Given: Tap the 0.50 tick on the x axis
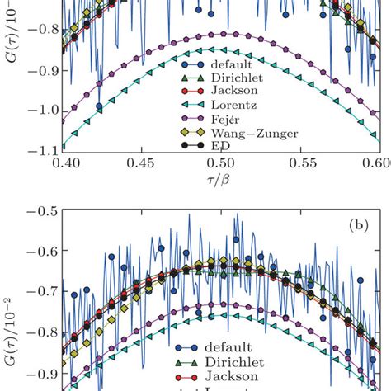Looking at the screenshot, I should point(221,164).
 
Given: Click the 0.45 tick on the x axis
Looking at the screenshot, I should point(142,164).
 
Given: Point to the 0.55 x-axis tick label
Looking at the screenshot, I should point(300,164).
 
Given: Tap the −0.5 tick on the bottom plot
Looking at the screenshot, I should point(42,211).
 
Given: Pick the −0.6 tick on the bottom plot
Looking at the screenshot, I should point(42,251).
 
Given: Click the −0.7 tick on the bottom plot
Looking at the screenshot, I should point(42,290).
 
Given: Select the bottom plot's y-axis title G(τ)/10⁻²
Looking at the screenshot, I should point(12,346).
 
